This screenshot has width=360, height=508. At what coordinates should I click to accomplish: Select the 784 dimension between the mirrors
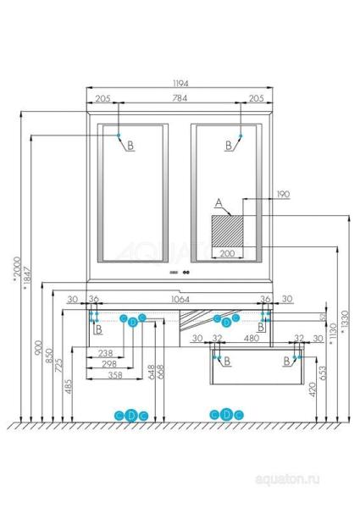180,99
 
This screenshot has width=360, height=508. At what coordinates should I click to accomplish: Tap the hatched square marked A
227,229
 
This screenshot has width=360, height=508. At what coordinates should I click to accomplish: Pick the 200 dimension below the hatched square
227,253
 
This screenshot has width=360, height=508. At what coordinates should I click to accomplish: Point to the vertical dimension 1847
26,279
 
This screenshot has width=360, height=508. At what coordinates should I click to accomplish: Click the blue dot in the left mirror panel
119,135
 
